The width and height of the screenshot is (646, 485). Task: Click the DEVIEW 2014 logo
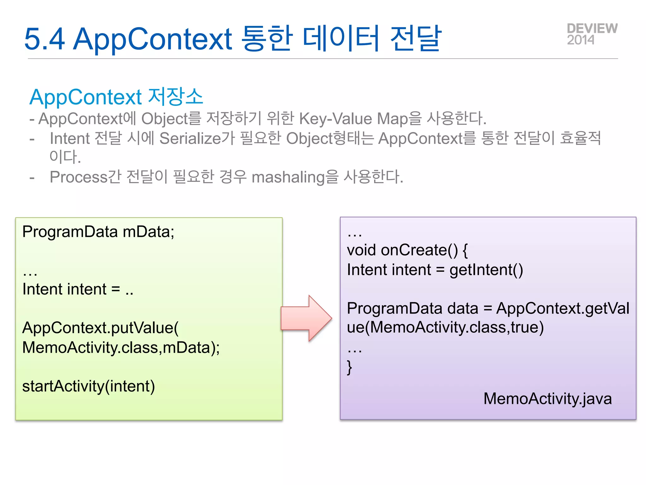point(592,34)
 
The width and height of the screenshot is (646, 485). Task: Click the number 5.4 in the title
point(44,39)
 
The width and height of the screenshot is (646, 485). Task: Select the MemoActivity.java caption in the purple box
point(547,398)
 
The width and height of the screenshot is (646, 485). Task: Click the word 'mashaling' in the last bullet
point(288,177)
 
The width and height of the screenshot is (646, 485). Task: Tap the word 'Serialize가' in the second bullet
point(197,138)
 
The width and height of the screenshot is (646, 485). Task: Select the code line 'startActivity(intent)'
point(88,386)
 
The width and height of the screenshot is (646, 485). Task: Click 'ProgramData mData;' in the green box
point(98,232)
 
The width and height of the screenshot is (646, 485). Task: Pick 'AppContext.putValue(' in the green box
point(100,328)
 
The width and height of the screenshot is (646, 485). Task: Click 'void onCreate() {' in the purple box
point(407,250)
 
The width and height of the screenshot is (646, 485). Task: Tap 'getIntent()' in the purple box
point(486,270)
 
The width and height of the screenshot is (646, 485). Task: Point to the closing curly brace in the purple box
point(349,367)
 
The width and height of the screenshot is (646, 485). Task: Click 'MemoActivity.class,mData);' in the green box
point(121,348)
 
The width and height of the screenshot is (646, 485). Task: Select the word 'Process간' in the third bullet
point(85,177)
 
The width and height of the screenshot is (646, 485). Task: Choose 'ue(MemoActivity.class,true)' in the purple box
point(445,327)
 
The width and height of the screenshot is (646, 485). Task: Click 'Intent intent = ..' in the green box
point(78,289)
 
